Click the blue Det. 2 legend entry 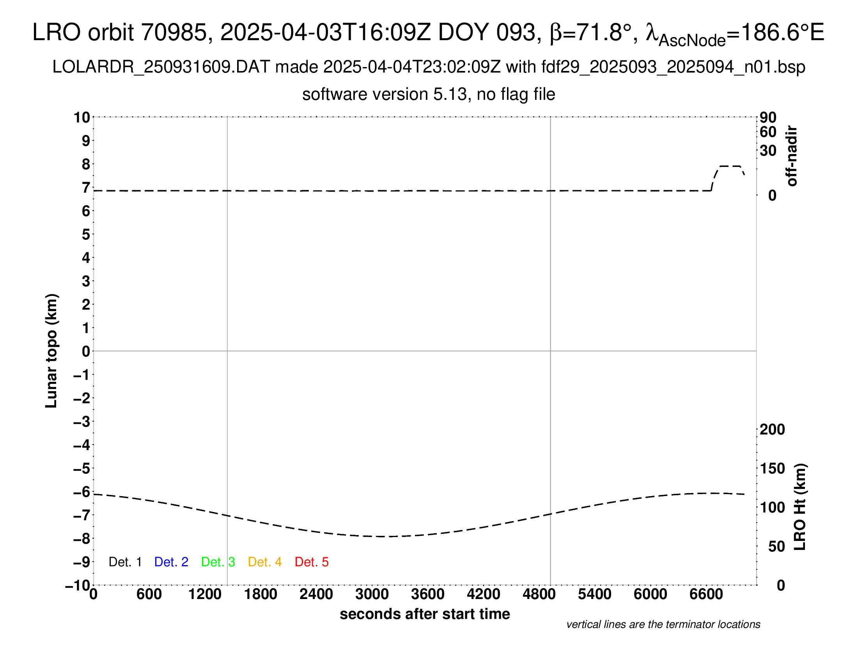point(171,562)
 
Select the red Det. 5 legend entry point(312,562)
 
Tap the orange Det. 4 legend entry point(265,562)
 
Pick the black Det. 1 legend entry point(125,562)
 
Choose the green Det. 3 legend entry point(218,562)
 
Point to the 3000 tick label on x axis point(372,594)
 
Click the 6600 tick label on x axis point(706,594)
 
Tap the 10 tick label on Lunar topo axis point(82,117)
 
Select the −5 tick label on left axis point(82,468)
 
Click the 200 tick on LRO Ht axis point(772,429)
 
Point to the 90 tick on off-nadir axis point(768,117)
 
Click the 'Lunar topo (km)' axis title point(51,351)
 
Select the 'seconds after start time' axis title point(425,614)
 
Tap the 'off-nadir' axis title point(792,156)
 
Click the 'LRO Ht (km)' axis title point(800,507)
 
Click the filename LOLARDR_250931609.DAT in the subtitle point(161,67)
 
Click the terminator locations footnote point(663,624)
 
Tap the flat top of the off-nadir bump point(730,166)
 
